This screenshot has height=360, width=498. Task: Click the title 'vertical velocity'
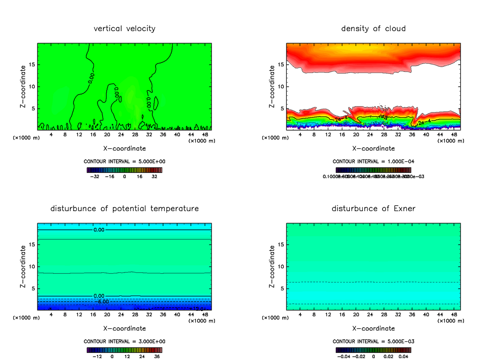click(x=124, y=29)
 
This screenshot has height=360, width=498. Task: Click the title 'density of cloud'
click(x=373, y=29)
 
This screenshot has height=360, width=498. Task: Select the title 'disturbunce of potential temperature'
click(x=124, y=208)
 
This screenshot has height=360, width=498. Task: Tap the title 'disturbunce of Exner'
click(x=373, y=208)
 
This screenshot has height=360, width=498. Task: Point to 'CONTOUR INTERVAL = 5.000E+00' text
click(x=124, y=161)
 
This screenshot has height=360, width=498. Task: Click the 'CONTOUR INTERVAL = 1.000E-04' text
click(x=373, y=161)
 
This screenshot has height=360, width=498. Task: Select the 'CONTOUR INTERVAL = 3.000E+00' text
click(x=124, y=341)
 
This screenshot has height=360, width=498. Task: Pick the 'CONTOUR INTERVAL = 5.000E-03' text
click(x=373, y=341)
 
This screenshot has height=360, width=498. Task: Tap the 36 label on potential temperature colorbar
click(x=156, y=356)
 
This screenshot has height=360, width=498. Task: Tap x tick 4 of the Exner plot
click(x=300, y=314)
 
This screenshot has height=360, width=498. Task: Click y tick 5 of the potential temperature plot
click(x=34, y=289)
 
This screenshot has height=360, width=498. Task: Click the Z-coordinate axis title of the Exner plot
click(x=272, y=266)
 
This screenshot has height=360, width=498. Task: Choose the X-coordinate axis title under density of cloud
click(x=373, y=148)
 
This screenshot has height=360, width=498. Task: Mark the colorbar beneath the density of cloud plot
click(x=373, y=170)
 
